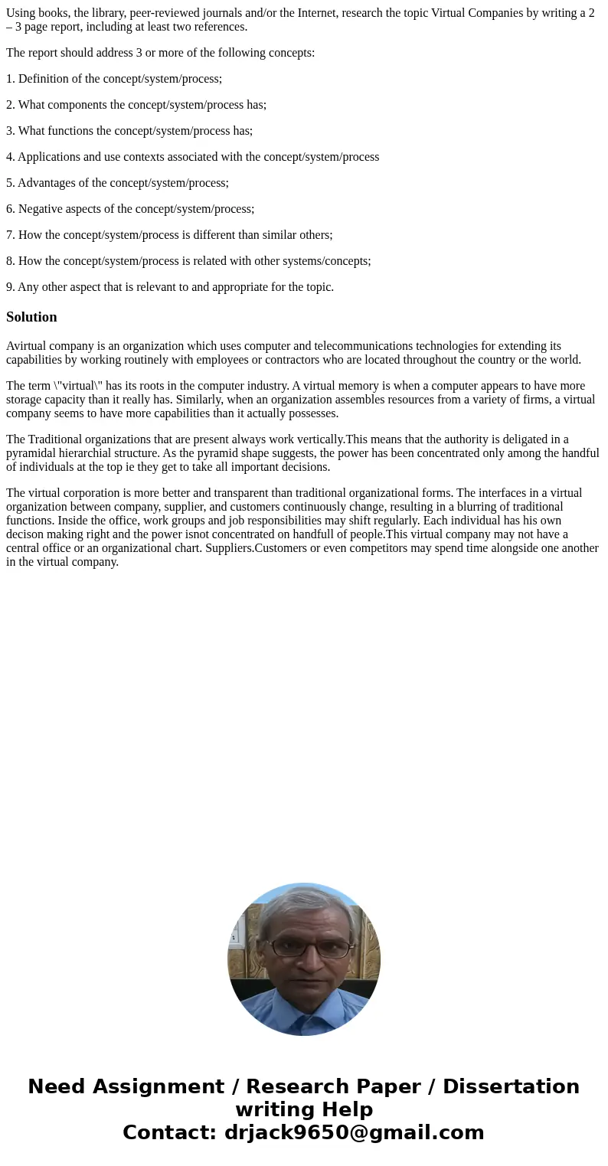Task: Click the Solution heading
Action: pyautogui.click(x=31, y=317)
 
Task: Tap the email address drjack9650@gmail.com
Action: pyautogui.click(x=354, y=1132)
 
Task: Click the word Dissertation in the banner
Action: pyautogui.click(x=511, y=1086)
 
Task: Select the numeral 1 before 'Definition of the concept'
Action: pyautogui.click(x=9, y=79)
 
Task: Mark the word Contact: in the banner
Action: pyautogui.click(x=170, y=1132)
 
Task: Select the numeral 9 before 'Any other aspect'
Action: pyautogui.click(x=9, y=287)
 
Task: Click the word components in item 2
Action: pyautogui.click(x=77, y=105)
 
